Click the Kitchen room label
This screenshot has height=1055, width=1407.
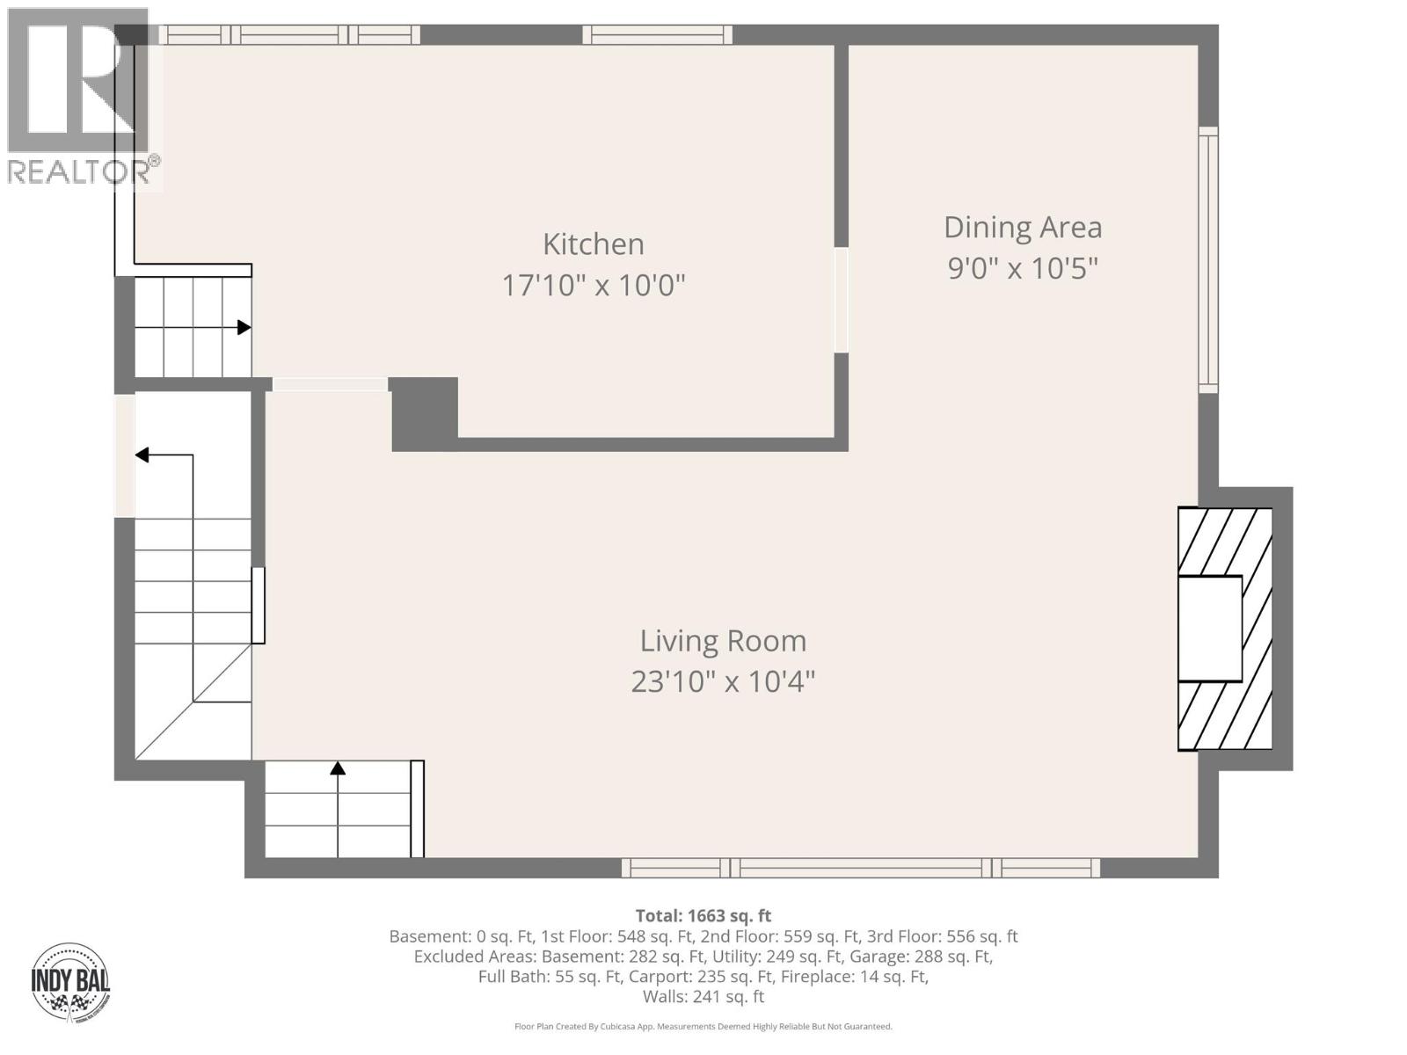[x=593, y=244]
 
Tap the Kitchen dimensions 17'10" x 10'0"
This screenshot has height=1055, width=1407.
[x=593, y=285]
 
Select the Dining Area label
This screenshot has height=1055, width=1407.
[x=1022, y=227]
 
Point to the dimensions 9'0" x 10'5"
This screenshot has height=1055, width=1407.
[x=1022, y=267]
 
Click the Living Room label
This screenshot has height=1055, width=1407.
[x=723, y=641]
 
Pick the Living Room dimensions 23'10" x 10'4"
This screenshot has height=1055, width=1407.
[x=723, y=681]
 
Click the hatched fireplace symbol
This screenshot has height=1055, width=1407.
[x=1225, y=629]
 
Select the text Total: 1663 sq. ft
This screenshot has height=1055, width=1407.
[x=703, y=915]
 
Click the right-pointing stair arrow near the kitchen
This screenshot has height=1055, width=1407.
[x=243, y=328]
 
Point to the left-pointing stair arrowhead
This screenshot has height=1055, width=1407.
[x=142, y=455]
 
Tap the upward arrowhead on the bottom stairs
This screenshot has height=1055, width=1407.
[x=338, y=768]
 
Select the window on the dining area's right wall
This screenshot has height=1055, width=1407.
[x=1209, y=259]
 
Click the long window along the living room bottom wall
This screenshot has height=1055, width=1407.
[x=860, y=868]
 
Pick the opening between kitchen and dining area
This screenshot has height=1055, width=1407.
[x=841, y=300]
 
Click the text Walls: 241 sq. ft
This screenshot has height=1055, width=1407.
[x=703, y=996]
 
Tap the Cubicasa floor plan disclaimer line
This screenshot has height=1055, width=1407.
[x=703, y=1026]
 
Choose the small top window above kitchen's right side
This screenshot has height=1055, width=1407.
[x=657, y=34]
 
